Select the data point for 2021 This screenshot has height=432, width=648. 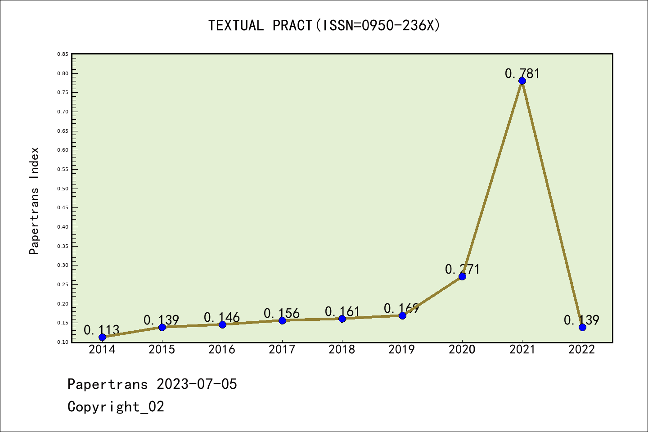(522, 81)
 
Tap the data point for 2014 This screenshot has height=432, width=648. (102, 337)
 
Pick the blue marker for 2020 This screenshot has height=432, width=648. (462, 276)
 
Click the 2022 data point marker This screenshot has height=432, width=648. (582, 327)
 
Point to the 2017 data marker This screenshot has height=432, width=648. (282, 320)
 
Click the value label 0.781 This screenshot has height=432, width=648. (522, 73)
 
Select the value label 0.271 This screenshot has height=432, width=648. (462, 269)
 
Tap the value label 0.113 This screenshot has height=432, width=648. (102, 330)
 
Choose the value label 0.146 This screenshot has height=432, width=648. (222, 317)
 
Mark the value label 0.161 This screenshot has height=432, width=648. (342, 311)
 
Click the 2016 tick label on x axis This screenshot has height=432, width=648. (222, 349)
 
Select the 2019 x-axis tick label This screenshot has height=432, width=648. (402, 349)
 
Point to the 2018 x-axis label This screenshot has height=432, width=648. (342, 349)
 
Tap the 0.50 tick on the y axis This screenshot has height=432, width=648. (63, 189)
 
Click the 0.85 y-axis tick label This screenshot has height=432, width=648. (63, 54)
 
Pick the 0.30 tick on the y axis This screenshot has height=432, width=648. (63, 265)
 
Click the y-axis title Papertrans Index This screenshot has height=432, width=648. (34, 201)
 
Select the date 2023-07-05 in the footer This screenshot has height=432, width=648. (197, 384)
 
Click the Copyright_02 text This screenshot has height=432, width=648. (116, 407)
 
